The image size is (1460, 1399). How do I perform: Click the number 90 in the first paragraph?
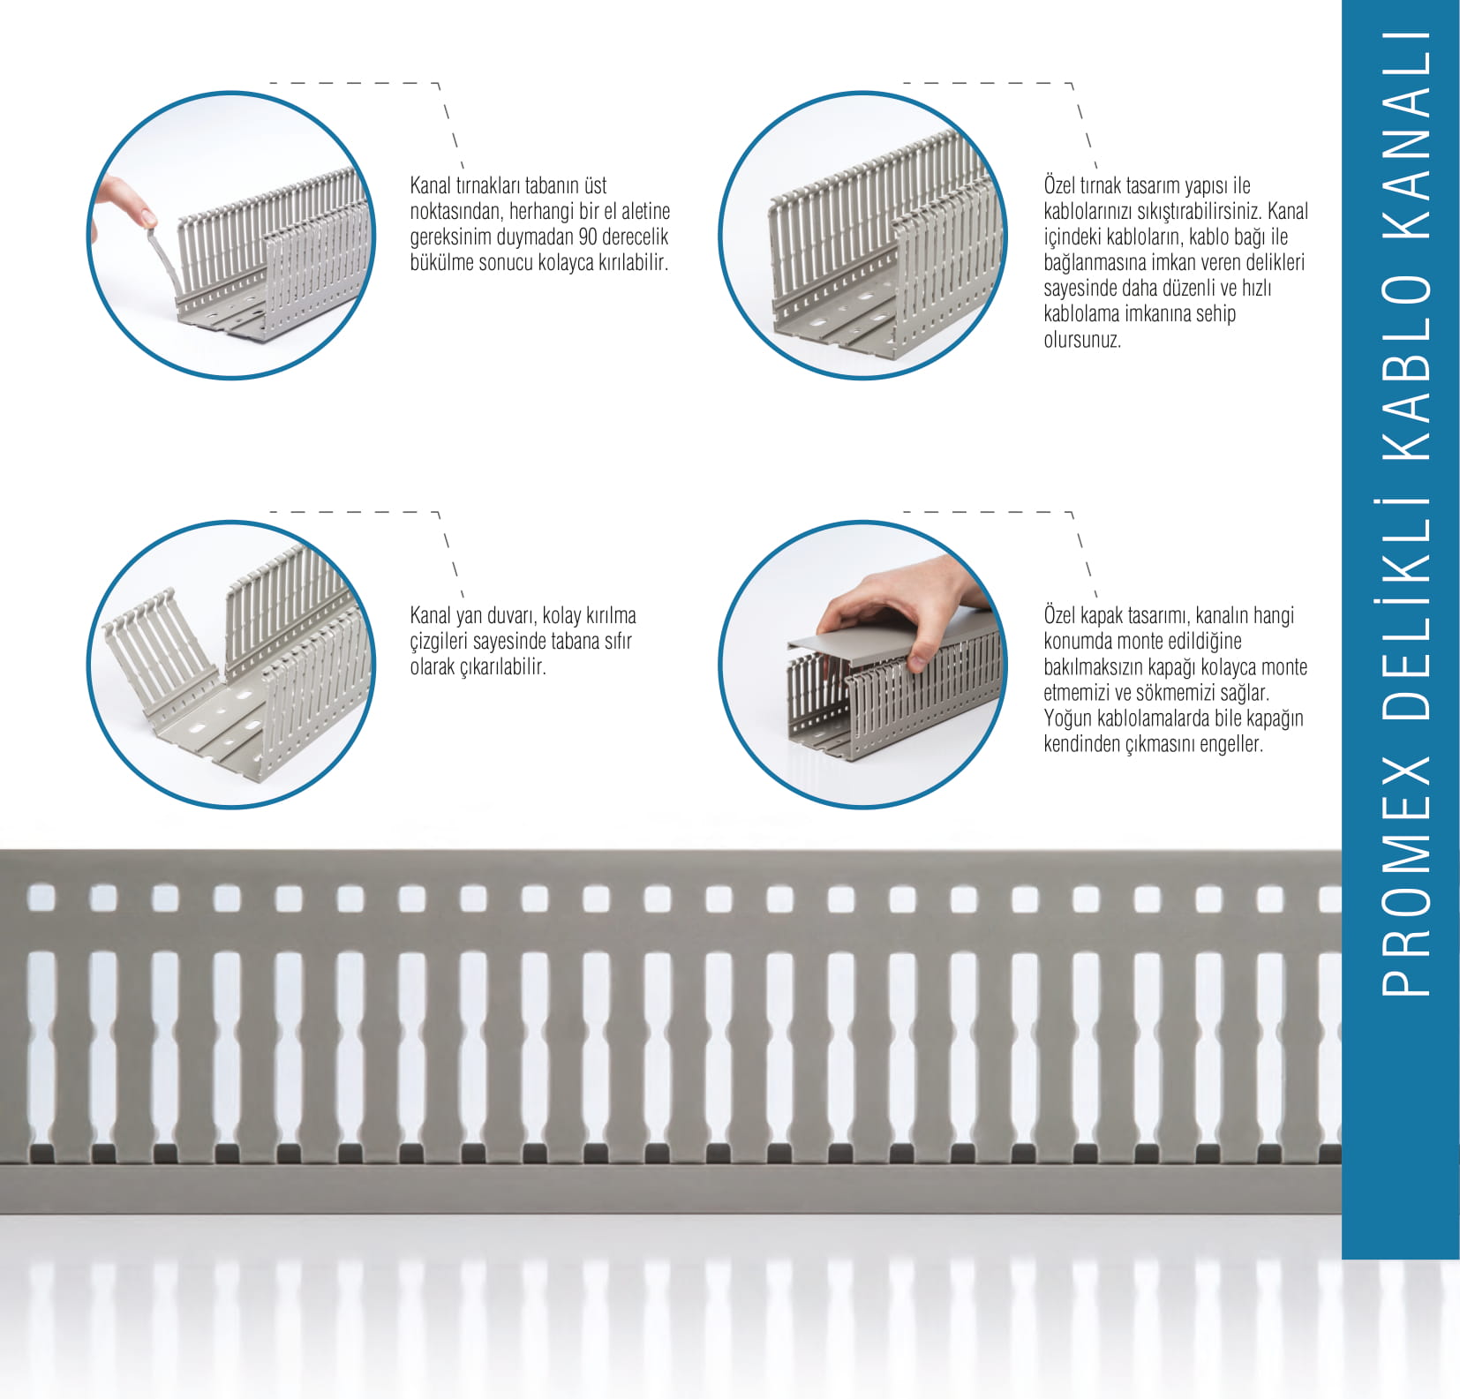588,237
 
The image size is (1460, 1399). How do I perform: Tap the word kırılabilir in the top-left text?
633,262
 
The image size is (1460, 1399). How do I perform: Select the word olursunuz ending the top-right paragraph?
1082,340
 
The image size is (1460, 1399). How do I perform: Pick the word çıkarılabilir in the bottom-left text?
503,666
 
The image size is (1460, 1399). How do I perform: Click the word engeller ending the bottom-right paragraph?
1231,744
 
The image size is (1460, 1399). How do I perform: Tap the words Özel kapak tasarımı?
1117,615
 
